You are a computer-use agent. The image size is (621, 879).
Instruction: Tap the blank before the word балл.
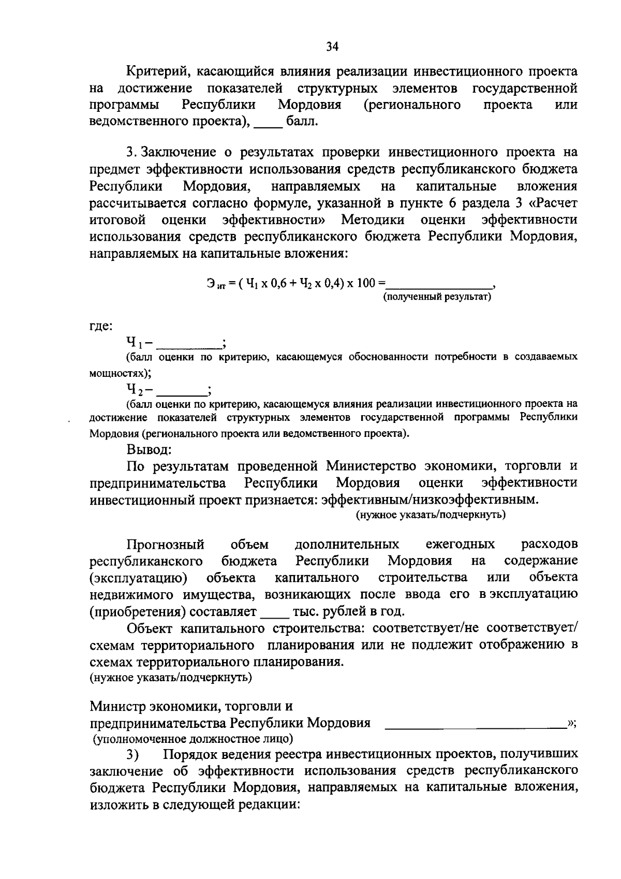pyautogui.click(x=269, y=123)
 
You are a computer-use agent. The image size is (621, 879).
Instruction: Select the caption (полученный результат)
pyautogui.click(x=437, y=297)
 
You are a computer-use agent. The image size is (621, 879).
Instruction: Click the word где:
pyautogui.click(x=100, y=326)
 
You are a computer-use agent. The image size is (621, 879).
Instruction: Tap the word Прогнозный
pyautogui.click(x=166, y=545)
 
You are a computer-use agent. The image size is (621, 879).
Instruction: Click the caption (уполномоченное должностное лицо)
pyautogui.click(x=193, y=738)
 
